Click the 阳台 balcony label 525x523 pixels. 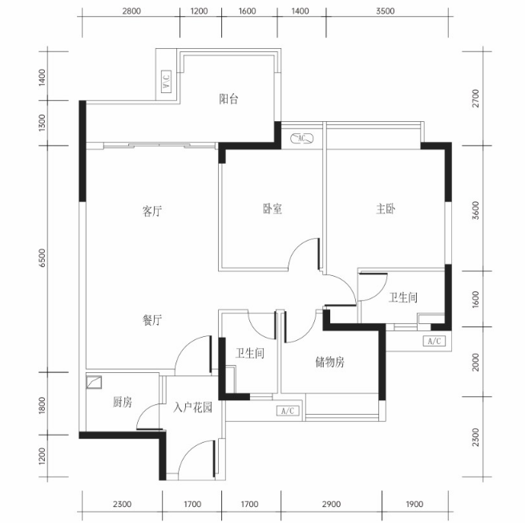[228, 99]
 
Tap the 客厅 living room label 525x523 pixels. [152, 211]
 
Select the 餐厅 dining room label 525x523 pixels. [152, 320]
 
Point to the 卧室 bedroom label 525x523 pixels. [273, 209]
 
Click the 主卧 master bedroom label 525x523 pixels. [386, 209]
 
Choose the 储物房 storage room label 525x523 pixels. [329, 363]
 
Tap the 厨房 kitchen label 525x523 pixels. [122, 402]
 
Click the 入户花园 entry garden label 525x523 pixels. [193, 407]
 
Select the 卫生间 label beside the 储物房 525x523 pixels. [249, 353]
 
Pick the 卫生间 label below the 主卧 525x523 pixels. [403, 297]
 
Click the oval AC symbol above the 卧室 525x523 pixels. [301, 138]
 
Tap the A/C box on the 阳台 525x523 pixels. [166, 81]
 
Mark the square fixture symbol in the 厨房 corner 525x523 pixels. [94, 383]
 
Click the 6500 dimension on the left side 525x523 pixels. [42, 257]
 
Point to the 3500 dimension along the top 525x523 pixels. [385, 11]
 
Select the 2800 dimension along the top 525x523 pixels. [131, 11]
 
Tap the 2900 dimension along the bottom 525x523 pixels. [331, 504]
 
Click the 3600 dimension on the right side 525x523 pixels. [475, 210]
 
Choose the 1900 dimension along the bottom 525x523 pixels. [414, 504]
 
